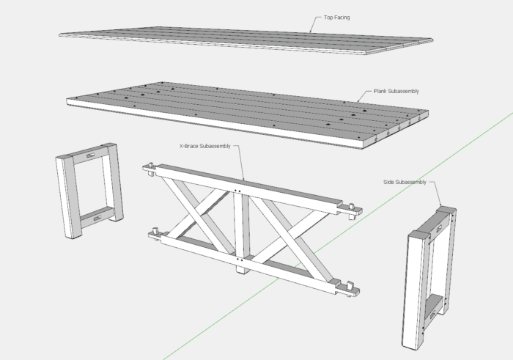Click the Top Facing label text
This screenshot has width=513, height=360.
coord(336,17)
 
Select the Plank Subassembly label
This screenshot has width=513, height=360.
coord(395,92)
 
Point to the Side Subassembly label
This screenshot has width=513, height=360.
coord(403,181)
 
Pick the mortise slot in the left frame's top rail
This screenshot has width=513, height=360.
coord(91,155)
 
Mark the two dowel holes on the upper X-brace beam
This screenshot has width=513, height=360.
coord(238,192)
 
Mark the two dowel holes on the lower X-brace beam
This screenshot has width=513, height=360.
coord(240,259)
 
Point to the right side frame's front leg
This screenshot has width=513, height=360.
coord(415,293)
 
